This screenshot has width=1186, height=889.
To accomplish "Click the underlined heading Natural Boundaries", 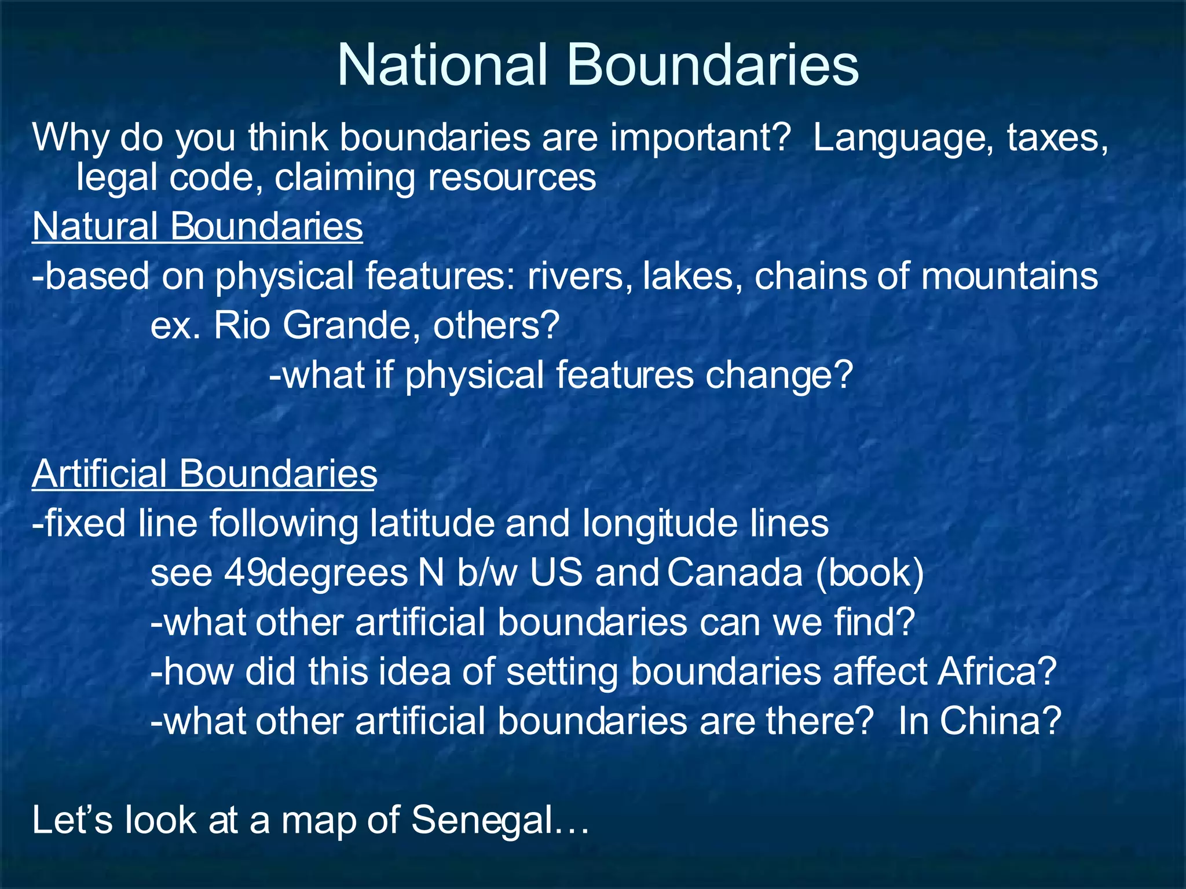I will coord(197,226).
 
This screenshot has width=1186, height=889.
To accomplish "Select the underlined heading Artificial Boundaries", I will coord(204,474).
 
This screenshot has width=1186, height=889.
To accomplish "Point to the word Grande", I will coord(351,325).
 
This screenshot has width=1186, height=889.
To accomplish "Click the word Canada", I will coord(735,573).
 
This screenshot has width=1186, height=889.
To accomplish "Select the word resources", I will coord(511,177).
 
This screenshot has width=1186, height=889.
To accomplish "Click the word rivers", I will coord(579,276).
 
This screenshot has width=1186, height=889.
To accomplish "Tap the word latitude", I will coord(432,523).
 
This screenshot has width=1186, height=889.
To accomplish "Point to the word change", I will coord(778,376).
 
